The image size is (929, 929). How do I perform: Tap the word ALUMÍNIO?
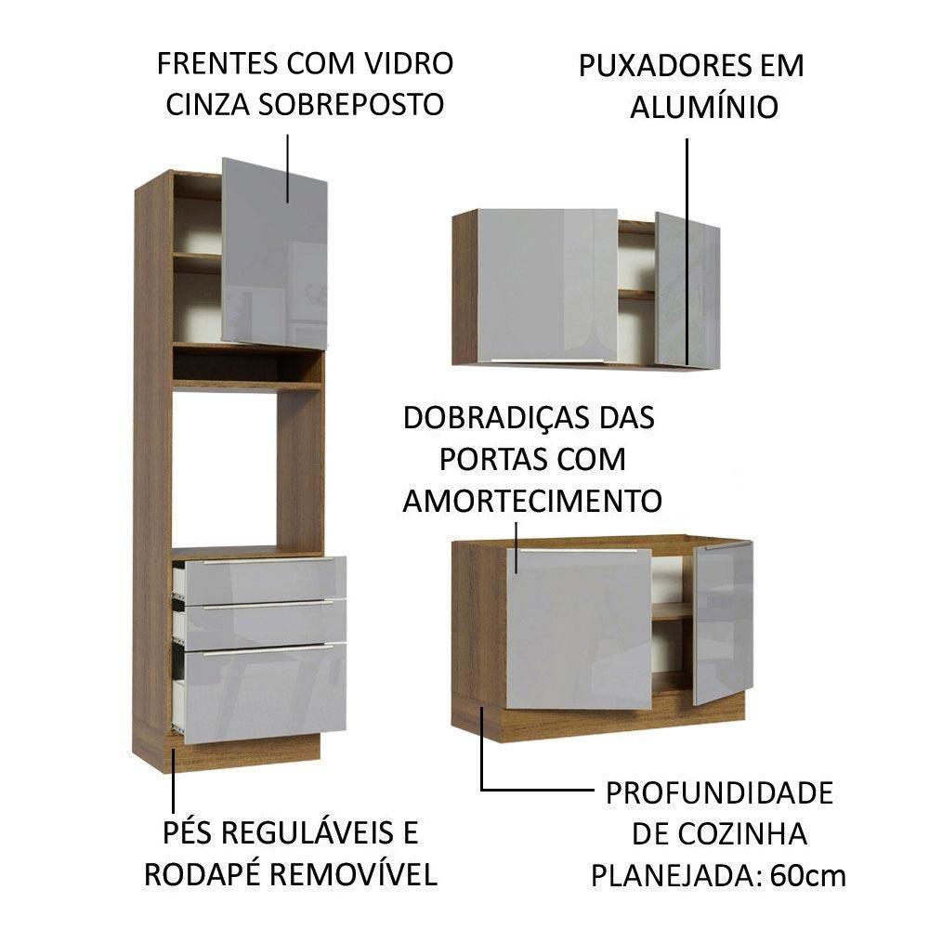click(703, 107)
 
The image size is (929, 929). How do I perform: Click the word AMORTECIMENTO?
click(531, 501)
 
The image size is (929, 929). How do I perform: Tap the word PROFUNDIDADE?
click(719, 793)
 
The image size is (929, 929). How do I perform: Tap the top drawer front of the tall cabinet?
click(265, 579)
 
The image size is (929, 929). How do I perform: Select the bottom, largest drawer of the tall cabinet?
click(265, 691)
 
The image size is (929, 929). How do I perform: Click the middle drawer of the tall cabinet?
click(265, 624)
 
